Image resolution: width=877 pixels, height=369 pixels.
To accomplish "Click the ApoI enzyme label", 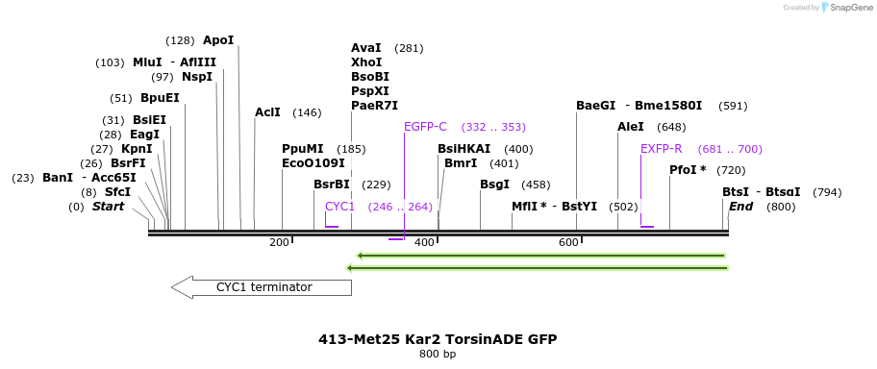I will pyautogui.click(x=218, y=40).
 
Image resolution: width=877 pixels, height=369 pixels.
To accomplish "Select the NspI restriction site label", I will pyautogui.click(x=196, y=77).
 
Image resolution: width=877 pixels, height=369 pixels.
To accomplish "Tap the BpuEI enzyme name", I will pyautogui.click(x=160, y=98).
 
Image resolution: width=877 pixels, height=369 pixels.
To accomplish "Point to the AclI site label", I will pyautogui.click(x=267, y=112).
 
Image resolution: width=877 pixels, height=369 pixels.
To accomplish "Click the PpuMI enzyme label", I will pyautogui.click(x=303, y=149).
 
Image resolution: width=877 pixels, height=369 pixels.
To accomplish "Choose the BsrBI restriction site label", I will pyautogui.click(x=332, y=184).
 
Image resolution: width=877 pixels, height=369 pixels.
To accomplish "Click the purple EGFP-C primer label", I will pyautogui.click(x=425, y=127).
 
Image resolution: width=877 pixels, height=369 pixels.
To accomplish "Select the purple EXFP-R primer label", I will pyautogui.click(x=661, y=149).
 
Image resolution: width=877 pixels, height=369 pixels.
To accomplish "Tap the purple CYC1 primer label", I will pyautogui.click(x=339, y=207).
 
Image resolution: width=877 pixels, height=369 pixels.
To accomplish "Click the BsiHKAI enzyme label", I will pyautogui.click(x=464, y=149).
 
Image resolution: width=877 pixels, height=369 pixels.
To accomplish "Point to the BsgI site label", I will pyautogui.click(x=494, y=184).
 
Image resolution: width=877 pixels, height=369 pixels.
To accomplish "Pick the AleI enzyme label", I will pyautogui.click(x=631, y=127).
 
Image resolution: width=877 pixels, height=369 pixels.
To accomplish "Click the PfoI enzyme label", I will pyautogui.click(x=688, y=170).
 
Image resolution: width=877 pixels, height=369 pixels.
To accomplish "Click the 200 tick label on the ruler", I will pyautogui.click(x=279, y=242).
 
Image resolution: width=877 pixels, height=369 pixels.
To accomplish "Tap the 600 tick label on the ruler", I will pyautogui.click(x=567, y=242).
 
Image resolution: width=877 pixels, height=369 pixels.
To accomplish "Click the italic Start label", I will pyautogui.click(x=108, y=207).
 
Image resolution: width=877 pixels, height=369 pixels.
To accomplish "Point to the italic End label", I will pyautogui.click(x=740, y=207).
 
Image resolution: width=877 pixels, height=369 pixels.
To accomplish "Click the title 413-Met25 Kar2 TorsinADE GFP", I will pyautogui.click(x=438, y=339).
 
